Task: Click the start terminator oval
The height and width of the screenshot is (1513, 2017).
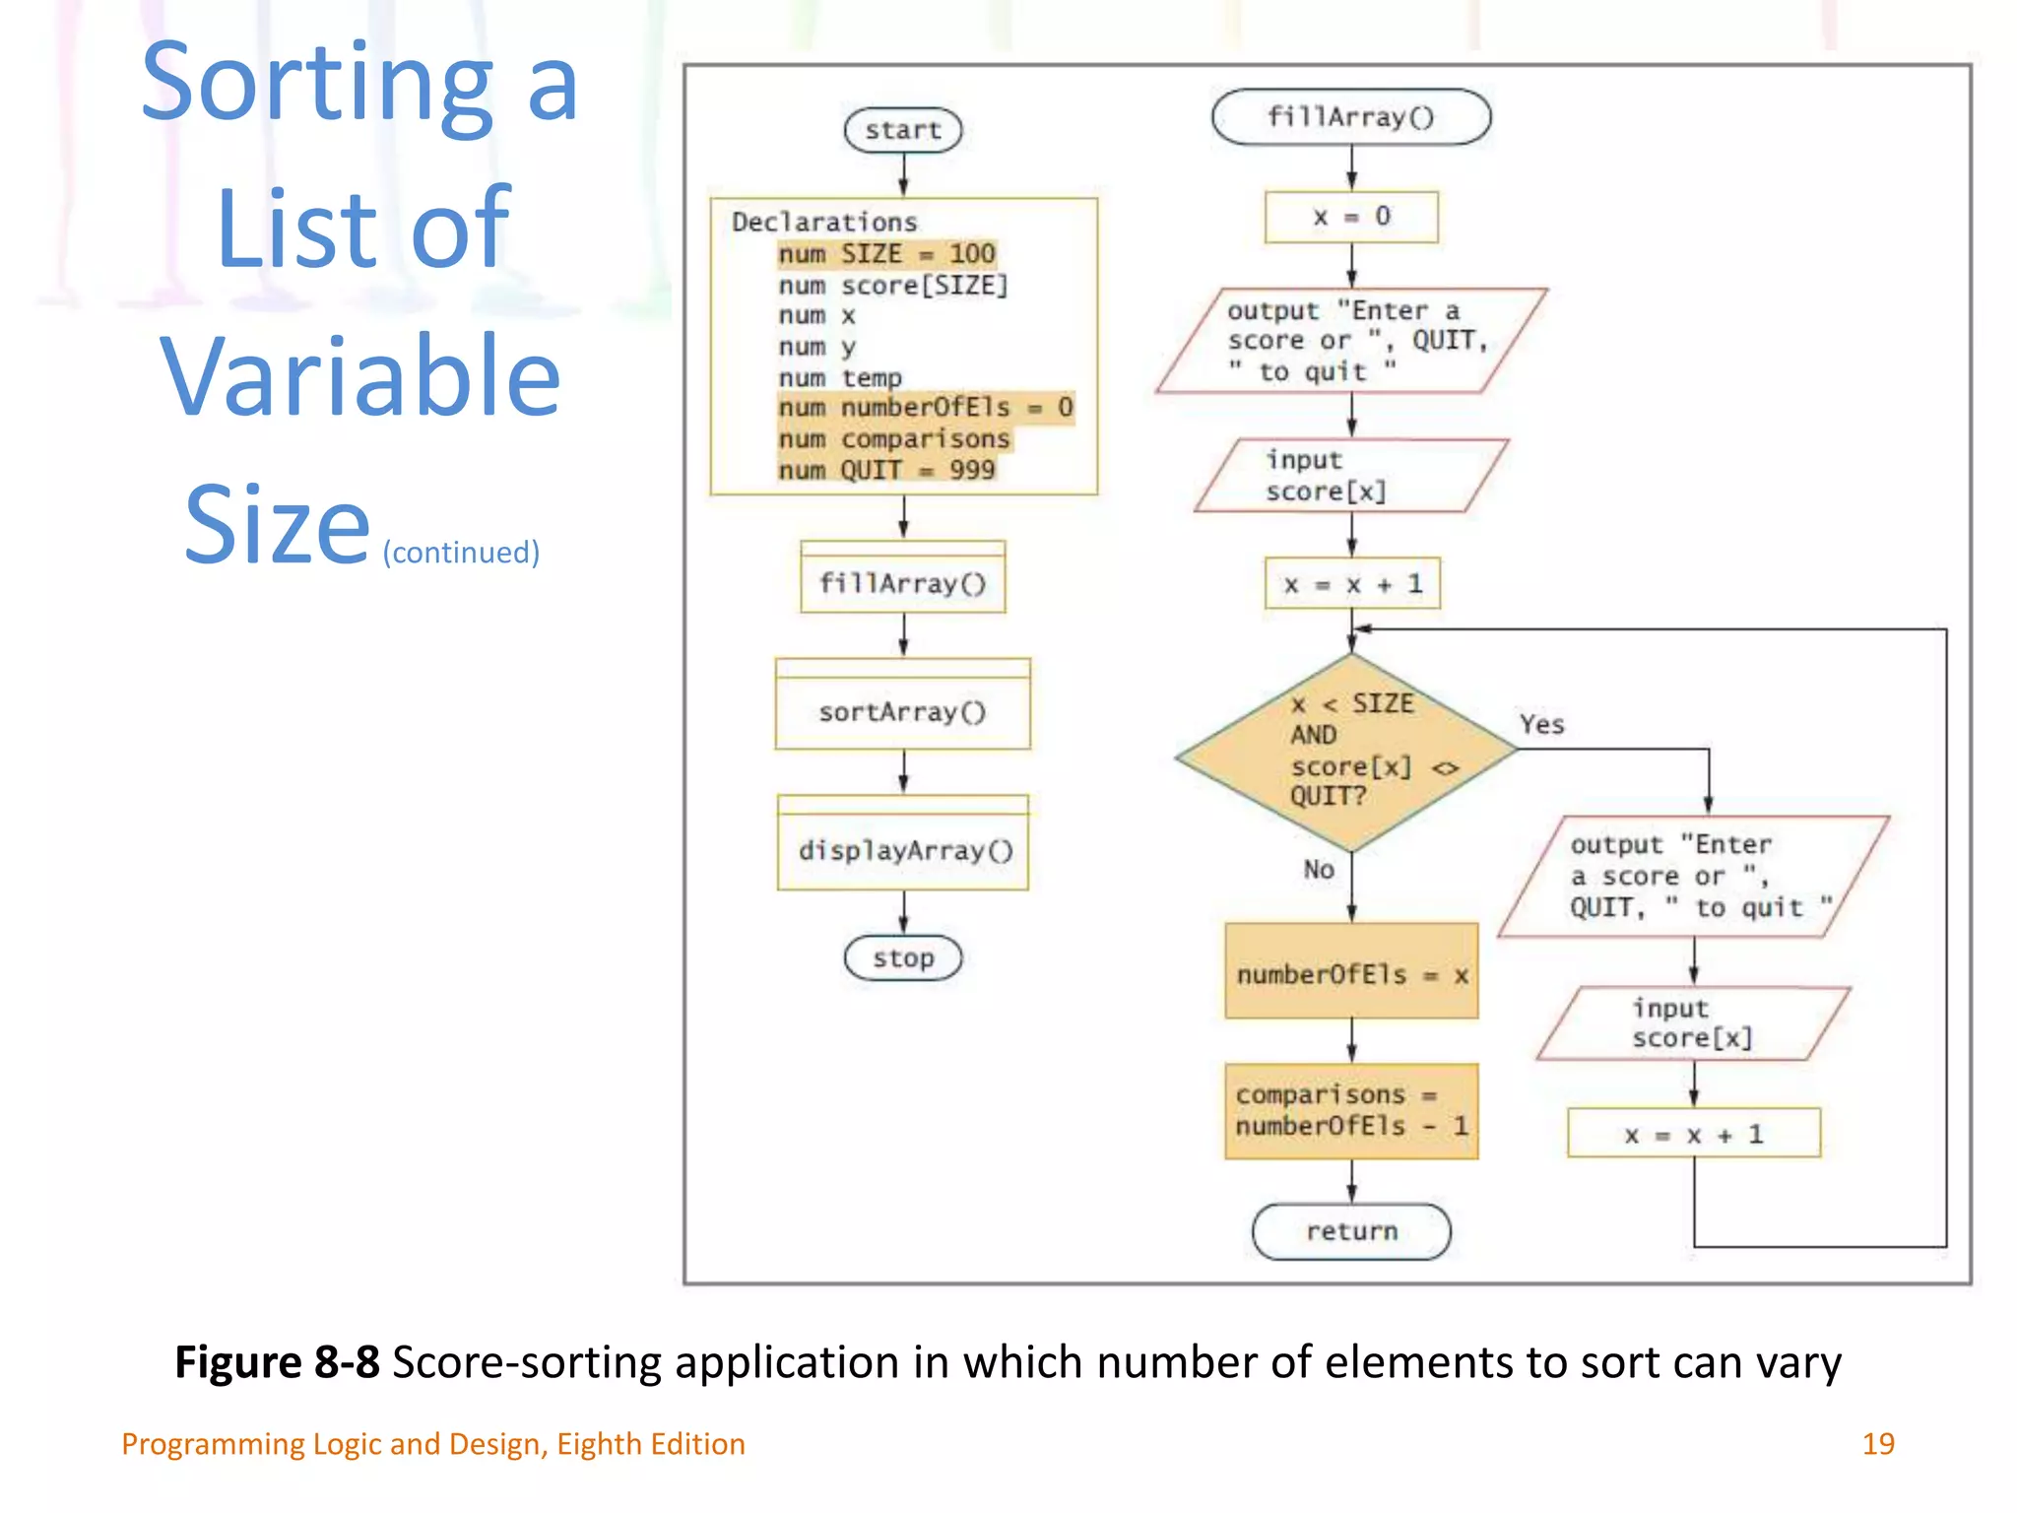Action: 902,130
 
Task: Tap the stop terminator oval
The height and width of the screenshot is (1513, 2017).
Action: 902,957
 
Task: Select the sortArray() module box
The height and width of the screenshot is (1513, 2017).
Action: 902,710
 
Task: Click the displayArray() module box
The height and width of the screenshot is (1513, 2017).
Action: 903,849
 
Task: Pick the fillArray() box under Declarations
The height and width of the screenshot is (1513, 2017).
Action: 902,583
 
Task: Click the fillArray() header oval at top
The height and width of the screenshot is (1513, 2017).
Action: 1350,117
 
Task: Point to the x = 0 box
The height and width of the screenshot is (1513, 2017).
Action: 1350,217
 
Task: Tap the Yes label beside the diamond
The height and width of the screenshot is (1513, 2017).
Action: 1541,725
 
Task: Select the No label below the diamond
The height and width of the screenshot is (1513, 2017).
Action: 1319,869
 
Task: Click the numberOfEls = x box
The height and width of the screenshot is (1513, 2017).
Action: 1351,973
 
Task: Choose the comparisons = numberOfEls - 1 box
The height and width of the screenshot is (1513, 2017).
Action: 1351,1110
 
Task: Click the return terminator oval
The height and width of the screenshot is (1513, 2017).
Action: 1351,1231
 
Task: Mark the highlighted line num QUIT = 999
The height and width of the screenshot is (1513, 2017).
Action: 886,470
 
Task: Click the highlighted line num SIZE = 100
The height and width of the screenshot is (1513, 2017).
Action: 886,254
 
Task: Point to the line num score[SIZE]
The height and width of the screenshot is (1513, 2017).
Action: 893,286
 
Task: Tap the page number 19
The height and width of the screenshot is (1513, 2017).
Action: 1877,1443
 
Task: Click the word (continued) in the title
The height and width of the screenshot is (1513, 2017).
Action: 461,552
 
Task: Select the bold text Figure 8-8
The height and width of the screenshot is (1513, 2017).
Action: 277,1362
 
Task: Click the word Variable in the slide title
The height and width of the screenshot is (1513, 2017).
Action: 360,376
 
